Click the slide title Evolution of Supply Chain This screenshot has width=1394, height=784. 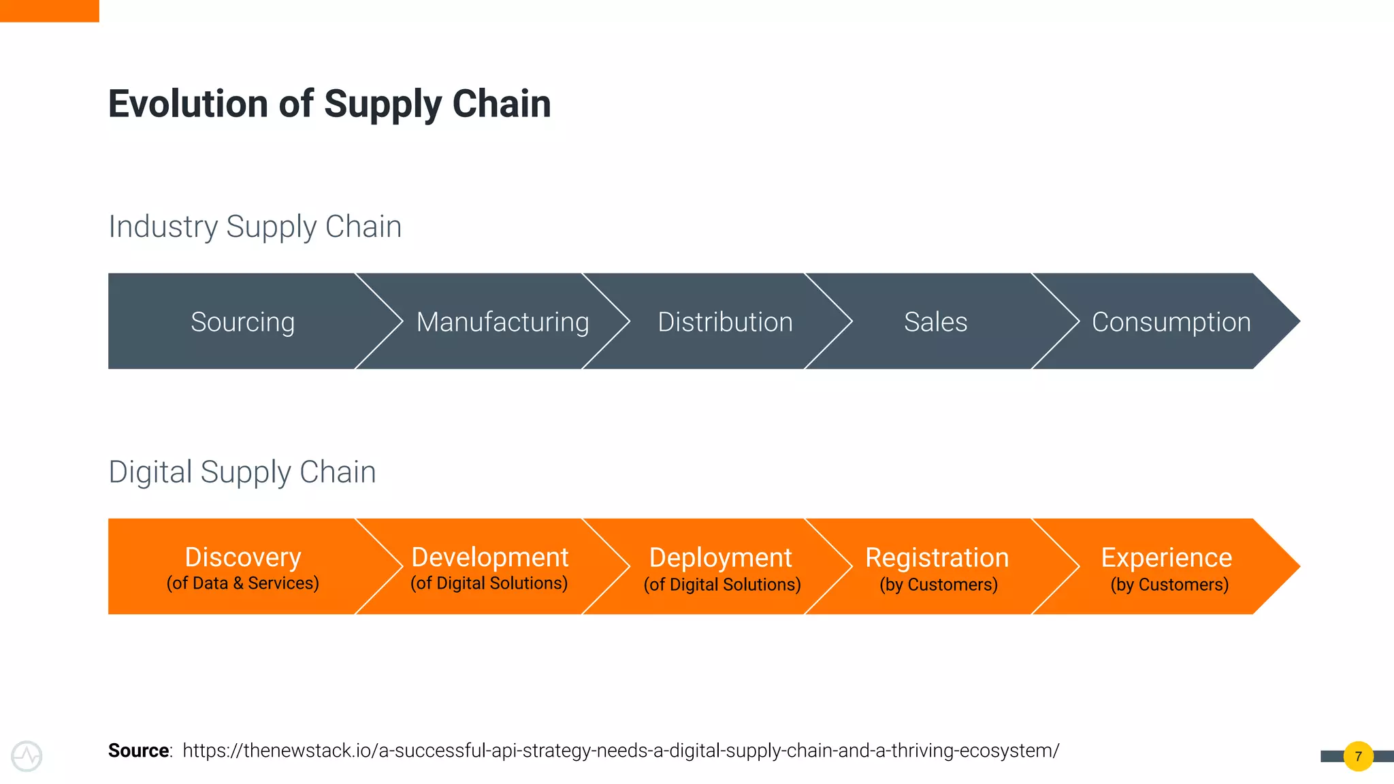tap(329, 104)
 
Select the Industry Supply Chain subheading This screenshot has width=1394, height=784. tap(255, 227)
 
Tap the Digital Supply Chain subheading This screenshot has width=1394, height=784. tap(242, 472)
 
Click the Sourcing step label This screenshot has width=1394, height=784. tap(242, 322)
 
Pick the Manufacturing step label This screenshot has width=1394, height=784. tap(502, 322)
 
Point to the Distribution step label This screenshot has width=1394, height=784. tap(725, 322)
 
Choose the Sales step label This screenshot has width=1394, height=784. tap(935, 322)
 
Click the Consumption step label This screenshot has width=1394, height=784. tap(1171, 322)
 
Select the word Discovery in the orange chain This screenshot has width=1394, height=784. tap(243, 557)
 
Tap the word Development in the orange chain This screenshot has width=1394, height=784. tap(489, 557)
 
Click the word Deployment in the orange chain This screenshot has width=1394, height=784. tap(720, 558)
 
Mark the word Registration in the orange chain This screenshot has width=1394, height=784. tap(937, 558)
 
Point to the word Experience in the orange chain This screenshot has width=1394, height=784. tap(1166, 558)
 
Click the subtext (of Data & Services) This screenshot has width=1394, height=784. tap(243, 583)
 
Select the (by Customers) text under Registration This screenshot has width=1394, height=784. tap(939, 585)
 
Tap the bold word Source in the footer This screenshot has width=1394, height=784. tap(139, 751)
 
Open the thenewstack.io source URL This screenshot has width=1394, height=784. tap(621, 751)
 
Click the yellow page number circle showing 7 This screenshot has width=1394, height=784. tap(1358, 756)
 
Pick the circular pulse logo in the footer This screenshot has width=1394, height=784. tap(27, 756)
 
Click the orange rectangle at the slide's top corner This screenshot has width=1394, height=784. tap(49, 10)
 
